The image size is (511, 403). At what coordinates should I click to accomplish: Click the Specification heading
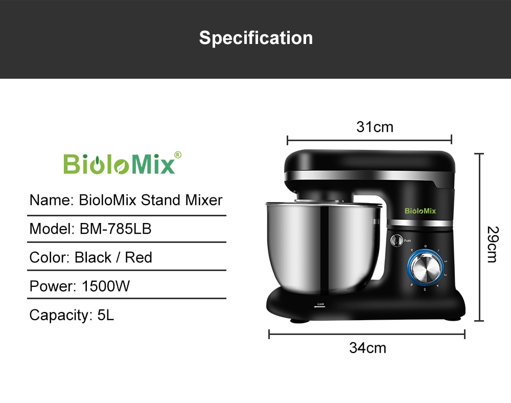[x=255, y=38]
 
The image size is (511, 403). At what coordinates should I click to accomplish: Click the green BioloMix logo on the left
[x=119, y=164]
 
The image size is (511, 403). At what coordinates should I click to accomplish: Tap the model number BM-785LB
[x=115, y=229]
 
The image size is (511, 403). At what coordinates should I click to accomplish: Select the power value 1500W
[x=106, y=286]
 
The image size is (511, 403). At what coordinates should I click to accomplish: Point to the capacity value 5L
[x=106, y=315]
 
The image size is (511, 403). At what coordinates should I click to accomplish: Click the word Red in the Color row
[x=138, y=257]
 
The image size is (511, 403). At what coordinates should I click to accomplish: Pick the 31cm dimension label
[x=375, y=127]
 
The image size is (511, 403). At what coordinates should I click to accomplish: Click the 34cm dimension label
[x=367, y=348]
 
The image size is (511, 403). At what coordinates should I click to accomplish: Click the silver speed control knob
[x=425, y=267]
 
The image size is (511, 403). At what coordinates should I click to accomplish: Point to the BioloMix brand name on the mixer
[x=420, y=211]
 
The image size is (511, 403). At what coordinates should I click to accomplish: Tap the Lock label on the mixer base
[x=320, y=304]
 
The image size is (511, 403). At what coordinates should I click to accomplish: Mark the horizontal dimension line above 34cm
[x=366, y=334]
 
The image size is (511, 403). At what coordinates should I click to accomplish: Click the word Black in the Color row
[x=93, y=257]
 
